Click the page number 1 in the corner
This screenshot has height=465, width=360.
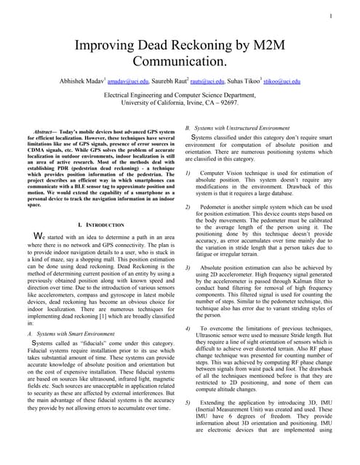pyautogui.click(x=330, y=15)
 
